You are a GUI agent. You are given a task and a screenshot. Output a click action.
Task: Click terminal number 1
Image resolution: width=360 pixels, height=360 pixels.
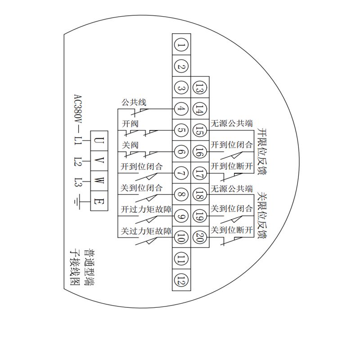pos(181,45)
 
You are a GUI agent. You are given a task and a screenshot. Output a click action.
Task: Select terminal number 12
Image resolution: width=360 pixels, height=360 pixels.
pos(181,280)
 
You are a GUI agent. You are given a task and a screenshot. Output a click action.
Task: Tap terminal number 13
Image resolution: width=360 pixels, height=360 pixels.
pos(200,88)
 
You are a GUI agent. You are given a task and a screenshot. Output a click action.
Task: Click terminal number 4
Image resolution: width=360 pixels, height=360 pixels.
pos(181,109)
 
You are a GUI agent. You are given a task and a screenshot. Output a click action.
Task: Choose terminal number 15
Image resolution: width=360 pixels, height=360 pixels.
pos(200,130)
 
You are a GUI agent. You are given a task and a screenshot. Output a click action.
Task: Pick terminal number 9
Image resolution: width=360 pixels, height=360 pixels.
pos(181,216)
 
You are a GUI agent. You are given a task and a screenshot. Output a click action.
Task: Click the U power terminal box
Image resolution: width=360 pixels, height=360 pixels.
pos(99,141)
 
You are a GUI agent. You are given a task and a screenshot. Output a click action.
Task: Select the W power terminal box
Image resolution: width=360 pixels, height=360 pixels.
pos(99,181)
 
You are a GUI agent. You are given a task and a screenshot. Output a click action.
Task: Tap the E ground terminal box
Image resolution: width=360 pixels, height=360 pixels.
pos(99,201)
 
